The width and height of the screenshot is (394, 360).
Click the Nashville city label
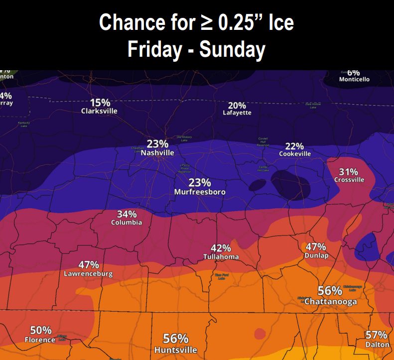pos(157,153)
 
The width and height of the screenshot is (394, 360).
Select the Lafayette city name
pos(237,113)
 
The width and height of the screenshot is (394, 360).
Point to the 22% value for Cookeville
pos(294,146)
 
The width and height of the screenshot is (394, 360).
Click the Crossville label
pos(349,180)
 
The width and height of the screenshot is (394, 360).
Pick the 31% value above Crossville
pos(349,172)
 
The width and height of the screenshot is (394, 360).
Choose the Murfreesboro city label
pos(200,192)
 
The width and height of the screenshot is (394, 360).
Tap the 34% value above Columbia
pos(127,214)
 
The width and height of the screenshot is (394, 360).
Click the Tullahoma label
pos(221,257)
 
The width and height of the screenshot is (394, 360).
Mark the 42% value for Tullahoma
pos(221,248)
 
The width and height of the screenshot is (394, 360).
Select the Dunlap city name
pos(316,255)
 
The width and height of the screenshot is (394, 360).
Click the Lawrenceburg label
pos(88,274)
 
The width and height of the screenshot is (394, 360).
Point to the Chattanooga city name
pos(330,302)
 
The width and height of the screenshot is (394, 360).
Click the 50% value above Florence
pos(41,330)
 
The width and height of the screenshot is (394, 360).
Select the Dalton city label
pos(377,344)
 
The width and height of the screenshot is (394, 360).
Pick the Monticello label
pos(354,79)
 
